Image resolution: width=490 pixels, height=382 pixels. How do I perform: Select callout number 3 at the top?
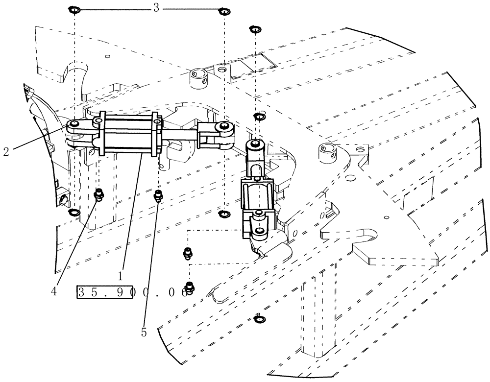click(156, 8)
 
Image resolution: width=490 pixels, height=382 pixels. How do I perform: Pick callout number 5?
click(144, 333)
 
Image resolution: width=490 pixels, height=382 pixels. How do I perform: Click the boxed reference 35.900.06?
click(132, 292)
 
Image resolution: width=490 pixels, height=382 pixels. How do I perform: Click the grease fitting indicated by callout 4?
click(98, 195)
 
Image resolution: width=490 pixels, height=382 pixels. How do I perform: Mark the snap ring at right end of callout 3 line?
click(224, 11)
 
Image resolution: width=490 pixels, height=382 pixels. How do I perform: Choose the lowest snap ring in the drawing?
click(258, 320)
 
